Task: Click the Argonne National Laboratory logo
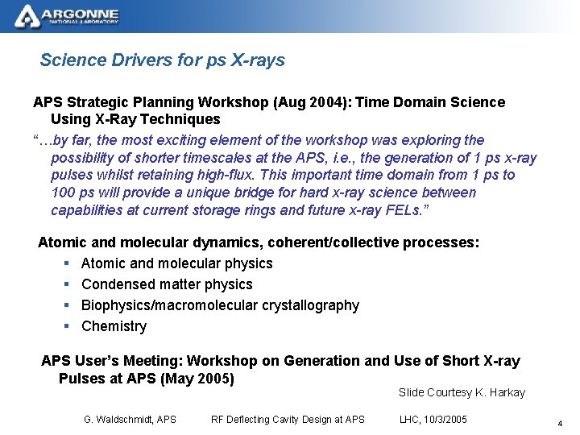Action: [x=68, y=15]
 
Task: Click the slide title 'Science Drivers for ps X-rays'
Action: [x=162, y=60]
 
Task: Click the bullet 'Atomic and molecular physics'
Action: [x=176, y=263]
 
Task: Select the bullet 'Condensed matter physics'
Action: [x=167, y=284]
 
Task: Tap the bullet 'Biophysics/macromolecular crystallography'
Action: [x=220, y=305]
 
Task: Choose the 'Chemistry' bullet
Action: [x=114, y=326]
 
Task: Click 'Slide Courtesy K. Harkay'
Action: [x=462, y=393]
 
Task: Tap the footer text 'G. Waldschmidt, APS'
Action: [x=130, y=419]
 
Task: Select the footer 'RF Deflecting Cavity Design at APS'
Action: [x=288, y=419]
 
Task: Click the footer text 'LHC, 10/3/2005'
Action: [x=433, y=419]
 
